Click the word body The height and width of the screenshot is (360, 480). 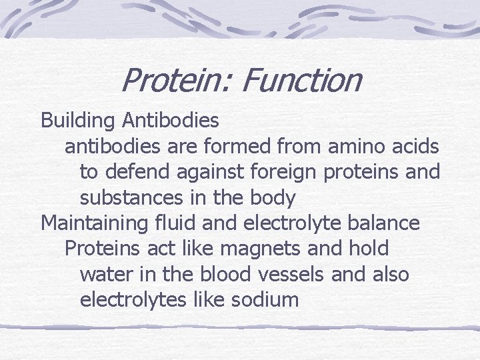271,198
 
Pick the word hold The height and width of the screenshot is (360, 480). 369,248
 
